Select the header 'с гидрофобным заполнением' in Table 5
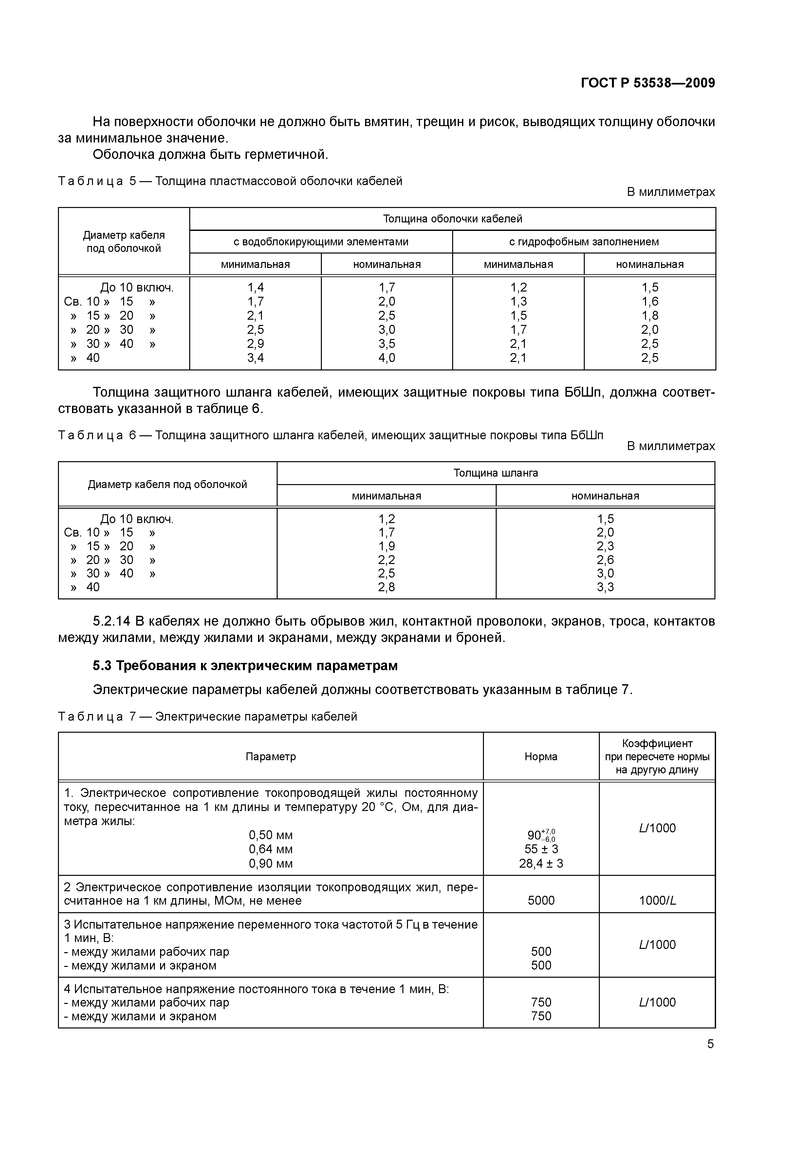click(583, 242)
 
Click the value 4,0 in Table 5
click(387, 358)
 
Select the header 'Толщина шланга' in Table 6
click(495, 473)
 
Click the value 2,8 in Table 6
click(386, 587)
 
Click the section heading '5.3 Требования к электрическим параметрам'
click(245, 666)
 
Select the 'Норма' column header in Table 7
click(541, 757)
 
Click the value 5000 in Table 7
click(541, 901)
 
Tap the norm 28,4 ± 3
click(541, 864)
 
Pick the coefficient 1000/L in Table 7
click(657, 901)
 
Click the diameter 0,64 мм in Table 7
click(271, 849)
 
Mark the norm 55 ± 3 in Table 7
click(541, 849)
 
